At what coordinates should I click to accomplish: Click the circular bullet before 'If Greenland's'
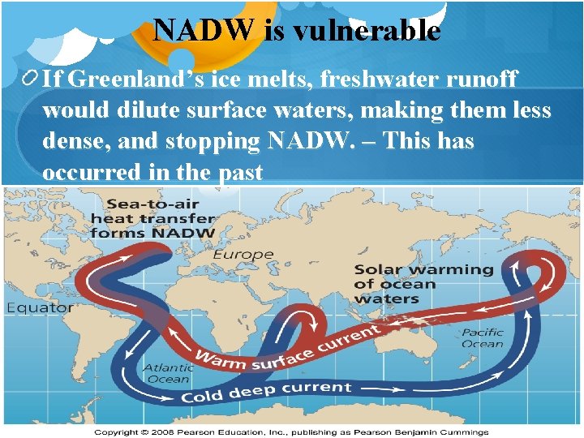[30, 79]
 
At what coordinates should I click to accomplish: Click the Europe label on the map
[243, 255]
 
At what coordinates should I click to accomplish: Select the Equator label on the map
[41, 308]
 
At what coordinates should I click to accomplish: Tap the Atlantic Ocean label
[167, 373]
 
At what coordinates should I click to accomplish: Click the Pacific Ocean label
[483, 338]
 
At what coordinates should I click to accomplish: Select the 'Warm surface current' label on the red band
[287, 347]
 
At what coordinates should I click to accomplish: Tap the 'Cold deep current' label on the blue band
[266, 393]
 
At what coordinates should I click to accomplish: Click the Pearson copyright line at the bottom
[291, 432]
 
